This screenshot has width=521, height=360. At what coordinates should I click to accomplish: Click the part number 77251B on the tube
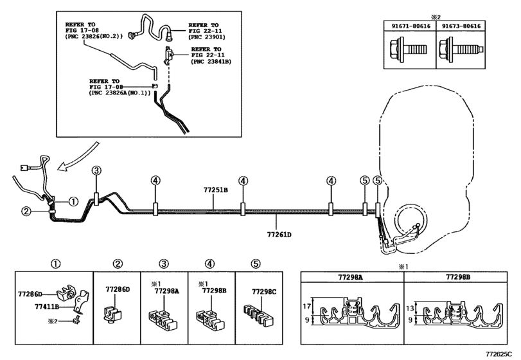[x=216, y=190]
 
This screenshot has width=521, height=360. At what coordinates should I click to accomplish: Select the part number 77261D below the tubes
[x=279, y=235]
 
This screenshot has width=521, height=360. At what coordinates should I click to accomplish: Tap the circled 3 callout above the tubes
[x=96, y=171]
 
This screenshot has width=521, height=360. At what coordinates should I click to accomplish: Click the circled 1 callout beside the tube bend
[x=73, y=201]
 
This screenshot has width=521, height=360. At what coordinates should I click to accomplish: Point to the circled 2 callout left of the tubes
[x=26, y=211]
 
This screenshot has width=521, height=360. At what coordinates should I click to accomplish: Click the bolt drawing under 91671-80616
[x=408, y=50]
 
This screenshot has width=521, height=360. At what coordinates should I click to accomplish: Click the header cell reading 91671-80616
[x=411, y=26]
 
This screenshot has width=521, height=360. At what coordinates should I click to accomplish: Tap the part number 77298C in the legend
[x=264, y=292]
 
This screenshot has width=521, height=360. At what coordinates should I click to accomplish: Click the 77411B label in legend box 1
[x=47, y=307]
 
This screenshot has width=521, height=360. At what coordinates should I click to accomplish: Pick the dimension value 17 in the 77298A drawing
[x=307, y=306]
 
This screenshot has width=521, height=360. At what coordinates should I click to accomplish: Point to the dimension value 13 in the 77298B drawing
[x=410, y=308]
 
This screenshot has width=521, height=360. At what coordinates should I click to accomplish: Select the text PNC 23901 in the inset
[x=207, y=37]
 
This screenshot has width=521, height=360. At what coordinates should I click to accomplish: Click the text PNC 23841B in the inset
[x=211, y=62]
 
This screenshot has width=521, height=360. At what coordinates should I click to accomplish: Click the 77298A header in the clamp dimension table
[x=350, y=277]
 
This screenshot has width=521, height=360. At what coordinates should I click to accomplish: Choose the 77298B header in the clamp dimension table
[x=458, y=277]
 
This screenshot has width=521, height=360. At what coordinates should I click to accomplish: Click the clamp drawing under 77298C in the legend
[x=258, y=314]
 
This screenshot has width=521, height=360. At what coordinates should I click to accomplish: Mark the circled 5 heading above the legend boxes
[x=255, y=264]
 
